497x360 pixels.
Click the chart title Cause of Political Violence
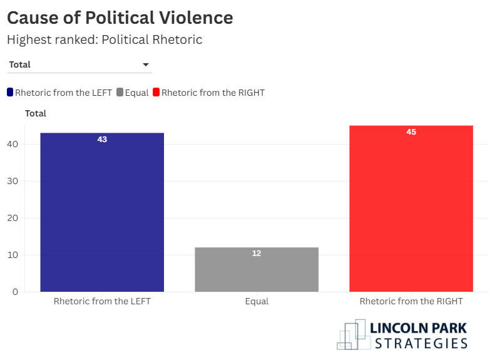coord(120,18)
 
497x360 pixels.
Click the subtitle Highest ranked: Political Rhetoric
coord(105,39)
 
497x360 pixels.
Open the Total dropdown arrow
coord(146,64)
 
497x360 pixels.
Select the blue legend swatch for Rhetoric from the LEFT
coord(10,93)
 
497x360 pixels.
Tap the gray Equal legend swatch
coord(120,93)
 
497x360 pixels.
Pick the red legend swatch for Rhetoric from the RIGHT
coord(156,93)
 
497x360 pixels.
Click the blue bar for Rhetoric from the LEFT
coord(102,213)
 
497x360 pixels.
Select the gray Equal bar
coord(257,270)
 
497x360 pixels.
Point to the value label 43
coord(102,140)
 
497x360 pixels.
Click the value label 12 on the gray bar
coord(257,254)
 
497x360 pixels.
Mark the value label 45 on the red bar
coord(411,132)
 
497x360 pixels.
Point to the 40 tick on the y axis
coord(13,144)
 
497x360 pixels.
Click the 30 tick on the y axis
coord(13,181)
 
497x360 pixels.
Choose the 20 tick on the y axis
coord(13,218)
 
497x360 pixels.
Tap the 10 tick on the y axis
coord(13,255)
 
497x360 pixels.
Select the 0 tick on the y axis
coord(16,292)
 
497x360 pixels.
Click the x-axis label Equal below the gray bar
coord(257,302)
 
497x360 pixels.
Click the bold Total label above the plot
coord(36,113)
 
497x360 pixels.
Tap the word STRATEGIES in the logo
coord(421,343)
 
